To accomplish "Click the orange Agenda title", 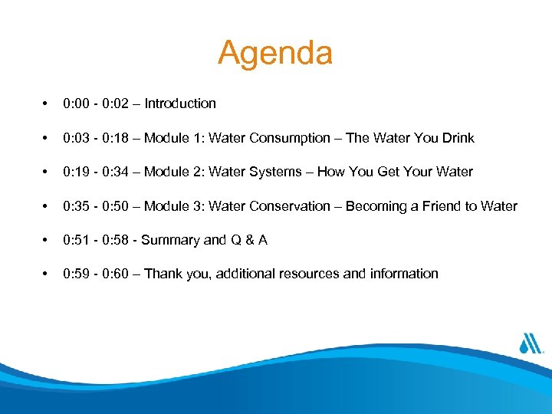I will tap(275, 54).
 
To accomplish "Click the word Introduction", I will tap(180, 103).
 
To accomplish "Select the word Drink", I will tap(458, 138).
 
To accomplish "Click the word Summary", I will tap(171, 240).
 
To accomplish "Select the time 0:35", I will tap(77, 206).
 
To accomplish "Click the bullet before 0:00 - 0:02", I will tap(47, 103).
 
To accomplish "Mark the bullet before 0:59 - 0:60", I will tap(47, 274).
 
